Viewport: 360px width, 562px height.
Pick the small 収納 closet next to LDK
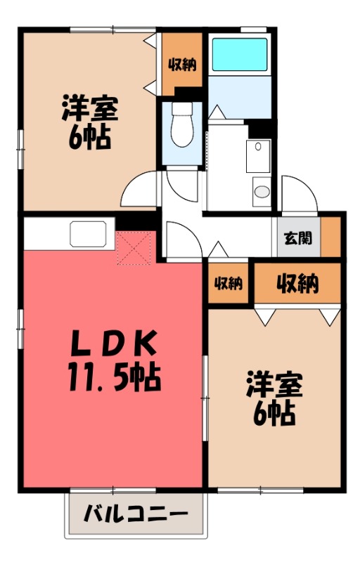tap(229, 284)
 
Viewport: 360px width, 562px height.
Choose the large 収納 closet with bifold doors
tap(297, 284)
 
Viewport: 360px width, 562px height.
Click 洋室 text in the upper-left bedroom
tap(89, 109)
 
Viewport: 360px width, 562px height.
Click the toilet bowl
tap(181, 129)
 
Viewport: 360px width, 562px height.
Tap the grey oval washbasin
tap(262, 192)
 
